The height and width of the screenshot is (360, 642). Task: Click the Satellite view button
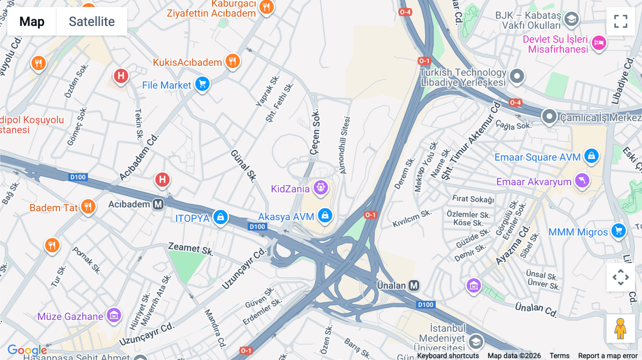92,21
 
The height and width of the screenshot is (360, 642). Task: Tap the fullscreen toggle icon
621,21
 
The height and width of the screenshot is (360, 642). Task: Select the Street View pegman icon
621,328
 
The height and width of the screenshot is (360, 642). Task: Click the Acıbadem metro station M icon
158,204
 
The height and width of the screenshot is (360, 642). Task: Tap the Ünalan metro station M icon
414,286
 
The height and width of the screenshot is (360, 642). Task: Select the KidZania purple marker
321,187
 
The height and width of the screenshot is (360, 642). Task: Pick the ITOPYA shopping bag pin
220,217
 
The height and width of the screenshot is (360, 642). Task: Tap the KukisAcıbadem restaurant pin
233,61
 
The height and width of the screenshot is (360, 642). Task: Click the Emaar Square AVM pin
591,156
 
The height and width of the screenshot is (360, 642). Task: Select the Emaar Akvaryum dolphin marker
582,181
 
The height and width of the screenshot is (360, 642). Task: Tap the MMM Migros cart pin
618,231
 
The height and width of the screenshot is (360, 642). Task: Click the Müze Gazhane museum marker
114,315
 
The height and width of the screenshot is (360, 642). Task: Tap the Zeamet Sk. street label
190,248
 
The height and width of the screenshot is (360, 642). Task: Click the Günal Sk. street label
244,166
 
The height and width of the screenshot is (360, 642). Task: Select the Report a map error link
608,356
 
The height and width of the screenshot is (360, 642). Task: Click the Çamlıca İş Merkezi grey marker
549,117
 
